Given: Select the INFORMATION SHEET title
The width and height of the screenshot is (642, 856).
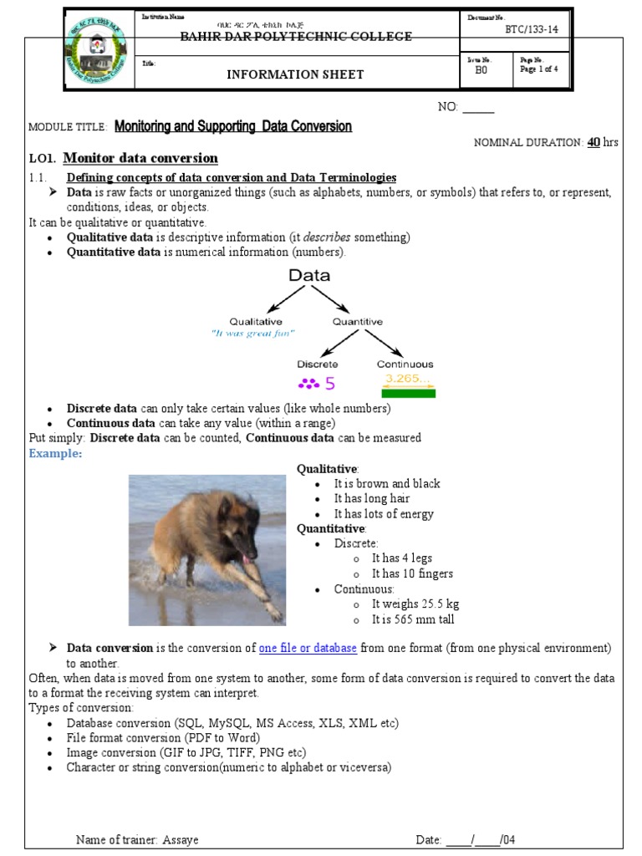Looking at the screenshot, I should (x=295, y=74).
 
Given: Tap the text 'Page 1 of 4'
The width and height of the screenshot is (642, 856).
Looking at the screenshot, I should (x=543, y=69).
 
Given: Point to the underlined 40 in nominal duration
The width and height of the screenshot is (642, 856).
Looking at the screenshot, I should (x=594, y=142).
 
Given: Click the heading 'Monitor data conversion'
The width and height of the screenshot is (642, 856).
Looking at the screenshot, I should (x=140, y=158).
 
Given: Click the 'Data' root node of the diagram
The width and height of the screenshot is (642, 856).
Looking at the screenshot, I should (x=309, y=275).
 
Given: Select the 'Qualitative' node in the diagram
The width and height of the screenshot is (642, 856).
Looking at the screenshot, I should (x=256, y=321).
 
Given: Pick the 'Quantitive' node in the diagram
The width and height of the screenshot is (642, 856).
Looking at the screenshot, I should (x=358, y=321).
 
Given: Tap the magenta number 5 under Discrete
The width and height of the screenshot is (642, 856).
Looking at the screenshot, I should (x=329, y=385).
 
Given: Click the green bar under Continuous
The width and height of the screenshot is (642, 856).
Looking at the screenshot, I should (x=408, y=393).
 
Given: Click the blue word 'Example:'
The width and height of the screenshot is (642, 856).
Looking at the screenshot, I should (x=56, y=453).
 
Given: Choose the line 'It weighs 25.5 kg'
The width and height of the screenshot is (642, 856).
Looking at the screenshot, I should (x=415, y=604).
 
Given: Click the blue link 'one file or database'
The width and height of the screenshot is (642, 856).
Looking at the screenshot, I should (x=308, y=648).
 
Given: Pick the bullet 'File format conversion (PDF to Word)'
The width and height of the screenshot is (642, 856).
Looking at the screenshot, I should (x=163, y=738).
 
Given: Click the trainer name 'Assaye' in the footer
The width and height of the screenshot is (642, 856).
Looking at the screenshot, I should (x=181, y=839).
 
